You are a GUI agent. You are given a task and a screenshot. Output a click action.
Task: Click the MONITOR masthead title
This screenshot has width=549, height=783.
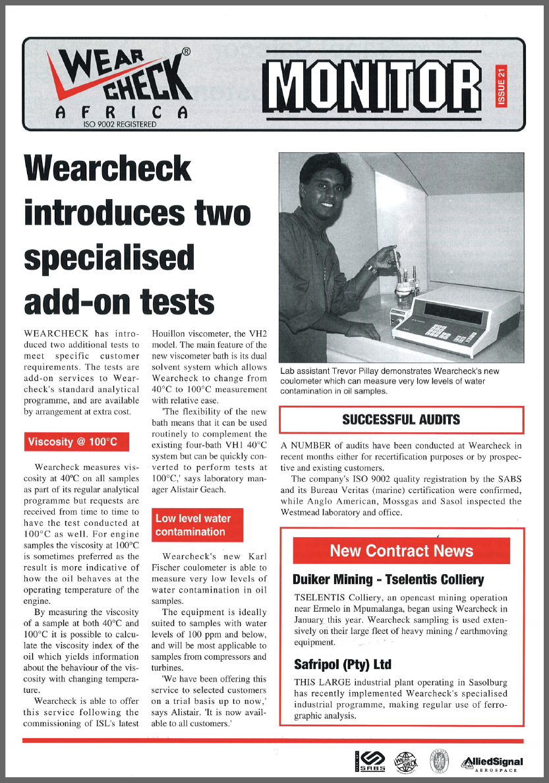coord(376,84)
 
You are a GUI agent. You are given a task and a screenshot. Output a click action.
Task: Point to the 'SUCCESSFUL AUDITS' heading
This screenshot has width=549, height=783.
coord(401,419)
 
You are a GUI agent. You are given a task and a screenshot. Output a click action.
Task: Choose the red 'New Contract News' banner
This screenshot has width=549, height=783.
coord(401,551)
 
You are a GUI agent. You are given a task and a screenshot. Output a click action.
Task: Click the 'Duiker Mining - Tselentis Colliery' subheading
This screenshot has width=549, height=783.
coord(388,580)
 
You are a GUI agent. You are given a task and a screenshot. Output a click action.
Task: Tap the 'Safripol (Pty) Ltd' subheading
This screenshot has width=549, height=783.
coord(342,664)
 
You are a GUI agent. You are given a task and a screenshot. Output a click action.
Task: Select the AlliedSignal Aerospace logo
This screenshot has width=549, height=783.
coord(492,763)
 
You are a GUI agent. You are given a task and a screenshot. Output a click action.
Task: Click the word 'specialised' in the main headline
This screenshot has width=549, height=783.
coord(109,257)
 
